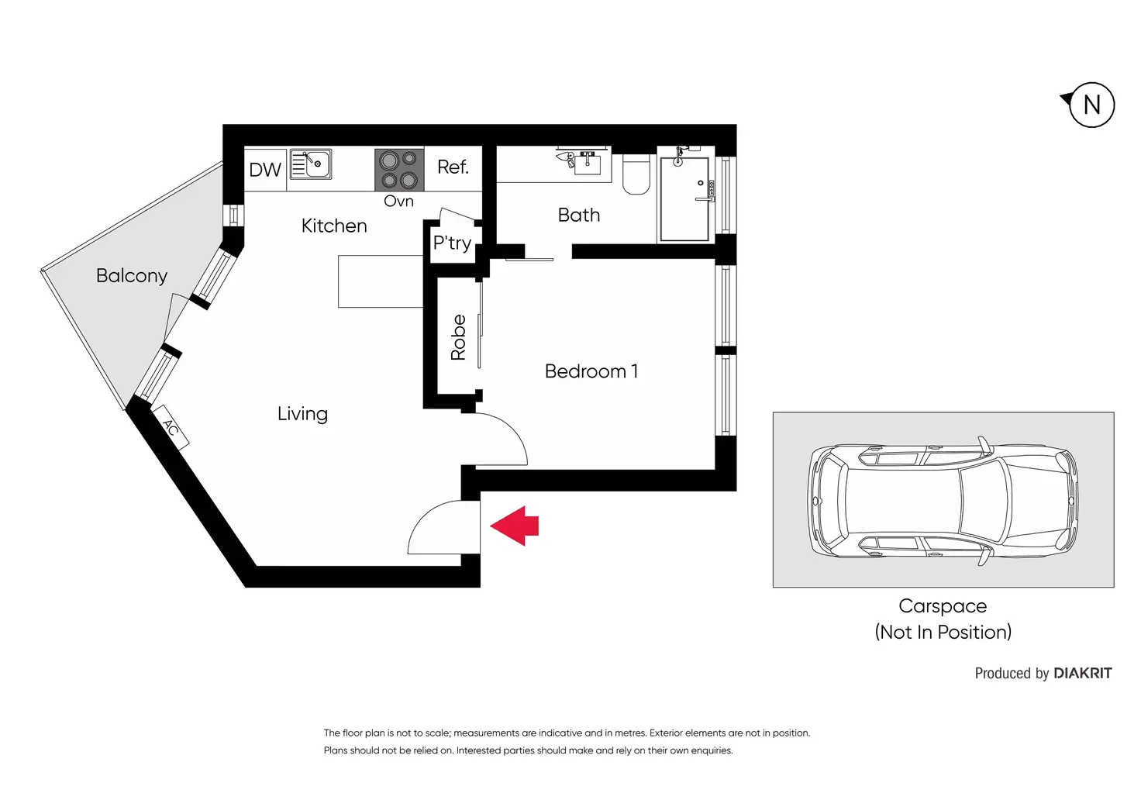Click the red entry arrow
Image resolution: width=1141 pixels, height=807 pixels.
point(515,526)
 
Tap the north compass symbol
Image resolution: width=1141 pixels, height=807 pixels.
point(1091,105)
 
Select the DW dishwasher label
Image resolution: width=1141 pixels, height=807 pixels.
point(265,170)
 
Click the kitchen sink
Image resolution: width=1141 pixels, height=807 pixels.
point(311,164)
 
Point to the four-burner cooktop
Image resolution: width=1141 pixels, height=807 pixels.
point(399,170)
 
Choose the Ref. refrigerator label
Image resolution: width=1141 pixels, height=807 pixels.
point(453,167)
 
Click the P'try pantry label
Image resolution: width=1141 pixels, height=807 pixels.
point(452,243)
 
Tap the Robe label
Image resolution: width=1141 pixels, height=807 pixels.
point(458,337)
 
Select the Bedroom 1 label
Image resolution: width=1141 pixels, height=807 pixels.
point(591,371)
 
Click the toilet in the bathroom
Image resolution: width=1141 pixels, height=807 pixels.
point(636,174)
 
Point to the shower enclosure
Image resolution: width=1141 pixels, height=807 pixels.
point(684,199)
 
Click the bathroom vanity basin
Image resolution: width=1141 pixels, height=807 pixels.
point(587,163)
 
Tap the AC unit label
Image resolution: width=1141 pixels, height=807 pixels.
point(171,428)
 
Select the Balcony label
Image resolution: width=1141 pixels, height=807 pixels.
point(132,275)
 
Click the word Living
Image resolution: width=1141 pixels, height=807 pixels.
point(302,414)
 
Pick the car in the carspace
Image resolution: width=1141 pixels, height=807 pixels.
point(943,500)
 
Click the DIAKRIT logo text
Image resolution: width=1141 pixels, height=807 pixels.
point(1082,674)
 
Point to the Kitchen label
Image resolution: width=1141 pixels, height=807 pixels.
point(334,226)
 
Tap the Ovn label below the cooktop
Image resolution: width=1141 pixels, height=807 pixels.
point(398,202)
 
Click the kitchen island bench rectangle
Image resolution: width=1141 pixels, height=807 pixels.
point(381,281)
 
